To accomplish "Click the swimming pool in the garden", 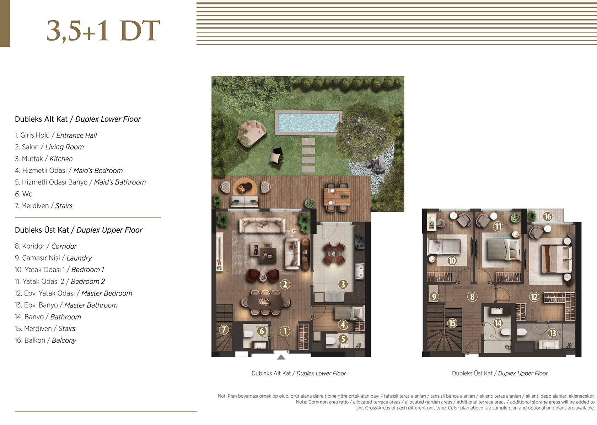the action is [x=308, y=122].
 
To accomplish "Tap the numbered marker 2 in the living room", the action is [x=285, y=284].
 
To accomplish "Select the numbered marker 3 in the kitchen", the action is [x=343, y=284].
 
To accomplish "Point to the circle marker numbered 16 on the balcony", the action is [x=547, y=216].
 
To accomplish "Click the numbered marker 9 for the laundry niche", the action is [x=434, y=297].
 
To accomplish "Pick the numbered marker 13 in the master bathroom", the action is [x=553, y=333].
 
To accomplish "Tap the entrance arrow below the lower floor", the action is [x=281, y=357].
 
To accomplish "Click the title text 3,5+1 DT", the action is [x=103, y=31].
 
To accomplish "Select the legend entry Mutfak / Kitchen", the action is [x=44, y=159].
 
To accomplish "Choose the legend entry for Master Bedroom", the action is [x=74, y=293].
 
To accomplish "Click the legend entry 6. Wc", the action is [x=23, y=194].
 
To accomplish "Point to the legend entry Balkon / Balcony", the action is [x=45, y=340].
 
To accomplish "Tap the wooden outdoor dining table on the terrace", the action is [x=337, y=197].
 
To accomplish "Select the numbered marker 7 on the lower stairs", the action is [x=224, y=330].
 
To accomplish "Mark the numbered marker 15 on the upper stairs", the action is [x=452, y=323].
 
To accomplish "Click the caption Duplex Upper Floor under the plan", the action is [x=523, y=373].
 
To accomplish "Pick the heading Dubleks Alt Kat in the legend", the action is [x=41, y=119].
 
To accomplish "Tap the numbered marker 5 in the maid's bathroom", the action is [x=343, y=339].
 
